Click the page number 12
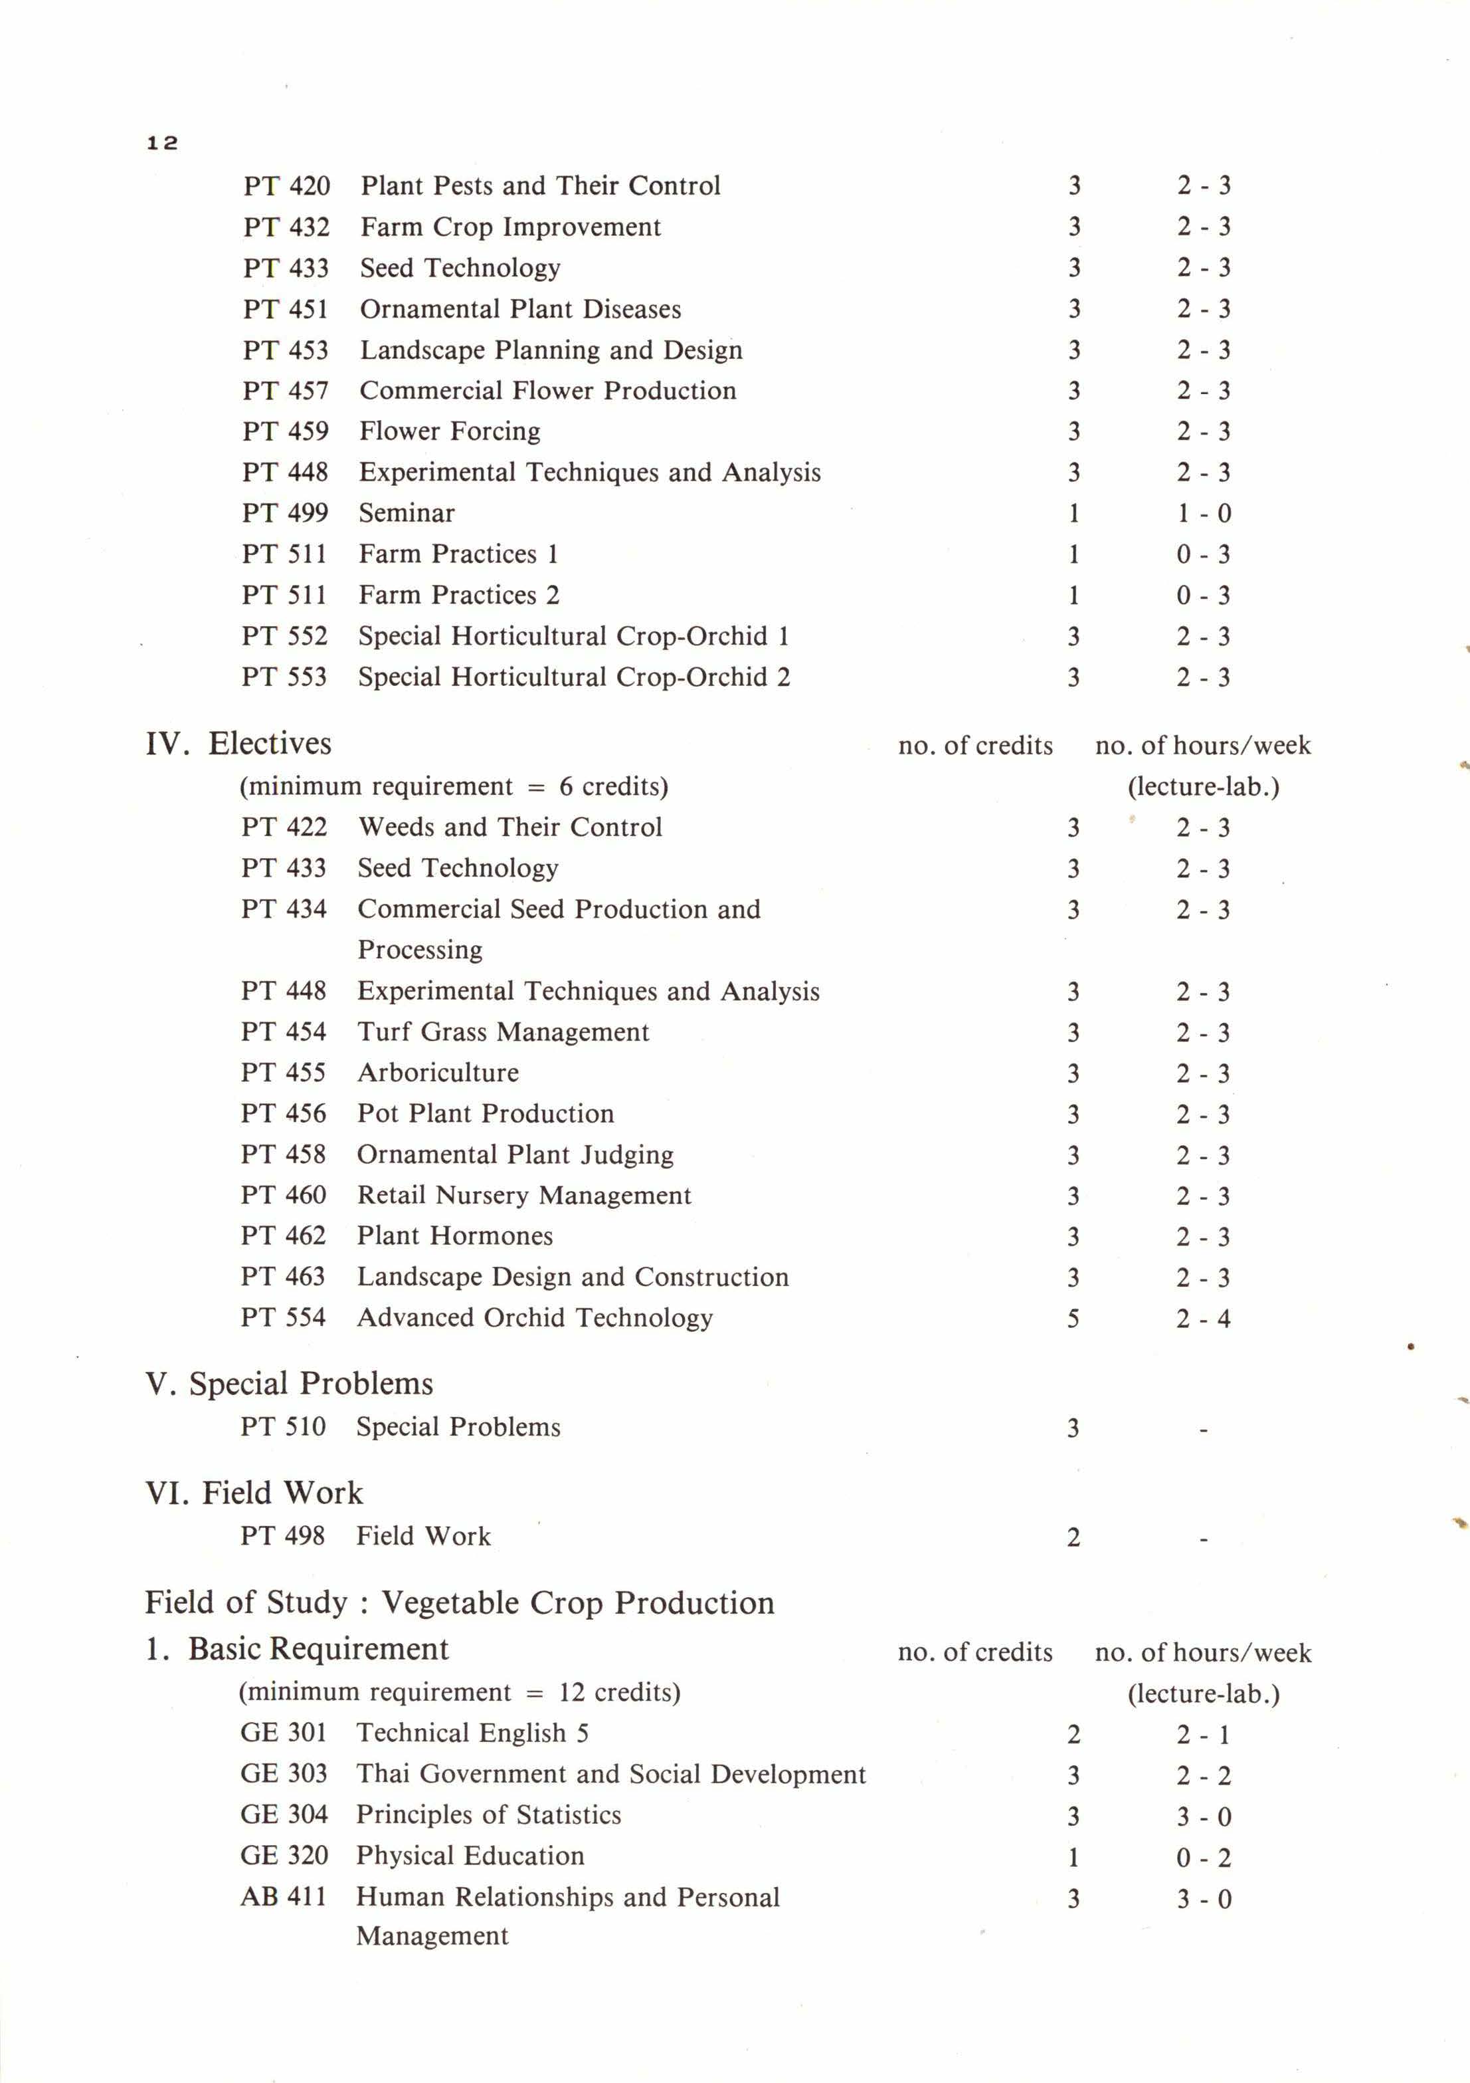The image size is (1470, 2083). coord(162,142)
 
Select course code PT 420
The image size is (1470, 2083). coord(286,186)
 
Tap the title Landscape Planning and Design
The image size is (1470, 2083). coord(551,350)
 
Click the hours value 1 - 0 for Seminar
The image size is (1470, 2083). coord(1204,514)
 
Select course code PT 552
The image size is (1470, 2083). coord(284,636)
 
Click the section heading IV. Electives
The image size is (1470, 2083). coord(238,744)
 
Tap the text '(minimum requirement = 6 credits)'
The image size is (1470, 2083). coord(454,786)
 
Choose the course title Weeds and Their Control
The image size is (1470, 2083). coord(509,827)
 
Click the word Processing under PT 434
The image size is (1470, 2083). coord(420,950)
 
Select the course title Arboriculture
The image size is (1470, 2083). coord(438,1073)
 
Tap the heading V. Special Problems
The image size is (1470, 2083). coord(288,1384)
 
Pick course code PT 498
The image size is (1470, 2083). coord(282,1536)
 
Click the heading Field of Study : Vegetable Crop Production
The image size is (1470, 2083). coord(459,1603)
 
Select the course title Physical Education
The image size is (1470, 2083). coord(470,1856)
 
